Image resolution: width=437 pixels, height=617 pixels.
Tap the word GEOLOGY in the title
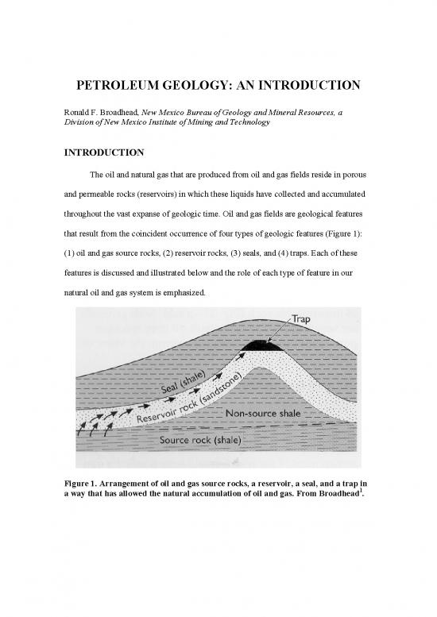[x=207, y=84]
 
